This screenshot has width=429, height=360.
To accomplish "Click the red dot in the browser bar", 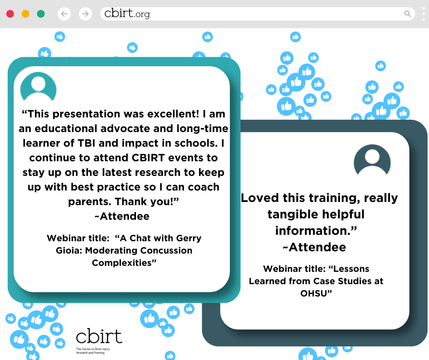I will coord(10,14).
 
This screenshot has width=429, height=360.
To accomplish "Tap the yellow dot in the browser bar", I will coord(26,14).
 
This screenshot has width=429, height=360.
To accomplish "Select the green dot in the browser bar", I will coord(41,14).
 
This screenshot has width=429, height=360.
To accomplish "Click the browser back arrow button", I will coord(64,14).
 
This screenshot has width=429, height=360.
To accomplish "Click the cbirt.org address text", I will coord(127,14).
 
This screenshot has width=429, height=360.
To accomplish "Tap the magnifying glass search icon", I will coord(408,14).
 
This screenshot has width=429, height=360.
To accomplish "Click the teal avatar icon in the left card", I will coord(38,86).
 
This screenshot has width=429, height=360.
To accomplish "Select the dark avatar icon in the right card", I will coord(372,160).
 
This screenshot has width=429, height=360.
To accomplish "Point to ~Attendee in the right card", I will coord(314,247).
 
